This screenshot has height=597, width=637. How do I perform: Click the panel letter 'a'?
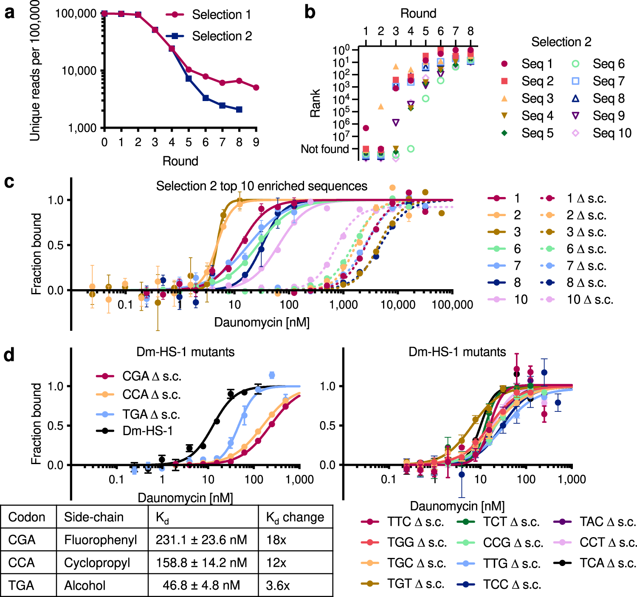[9, 13]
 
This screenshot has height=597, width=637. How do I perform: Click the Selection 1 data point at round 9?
[256, 87]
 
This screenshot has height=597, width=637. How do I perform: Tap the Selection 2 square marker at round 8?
[239, 110]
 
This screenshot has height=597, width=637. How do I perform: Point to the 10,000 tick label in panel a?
[79, 70]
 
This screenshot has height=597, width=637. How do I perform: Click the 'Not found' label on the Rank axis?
[324, 149]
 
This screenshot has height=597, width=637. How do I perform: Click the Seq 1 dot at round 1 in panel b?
[366, 128]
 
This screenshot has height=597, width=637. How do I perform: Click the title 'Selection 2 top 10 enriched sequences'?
[262, 186]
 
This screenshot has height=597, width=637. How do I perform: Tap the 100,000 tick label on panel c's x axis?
[452, 304]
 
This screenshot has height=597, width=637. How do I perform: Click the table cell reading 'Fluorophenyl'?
[101, 540]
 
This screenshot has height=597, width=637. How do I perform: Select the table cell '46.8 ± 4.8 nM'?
[201, 586]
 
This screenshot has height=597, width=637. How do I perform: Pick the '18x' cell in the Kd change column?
[276, 540]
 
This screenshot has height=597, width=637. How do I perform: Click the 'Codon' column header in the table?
[27, 517]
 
